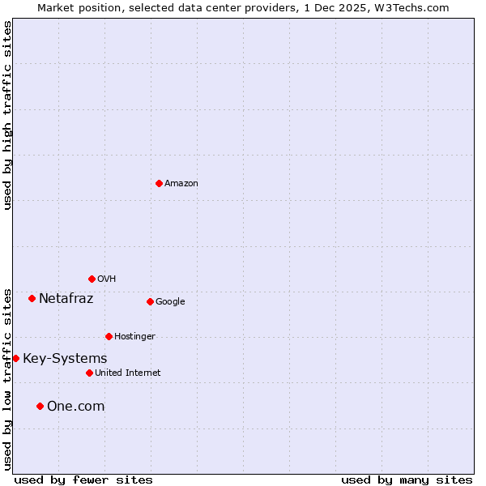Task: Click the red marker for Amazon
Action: click(159, 183)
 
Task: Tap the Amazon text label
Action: click(181, 184)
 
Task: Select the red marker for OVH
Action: click(92, 279)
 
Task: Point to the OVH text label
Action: click(107, 279)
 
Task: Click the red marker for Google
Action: click(150, 301)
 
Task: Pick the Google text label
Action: click(170, 302)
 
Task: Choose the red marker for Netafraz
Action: click(32, 298)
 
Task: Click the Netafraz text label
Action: click(66, 299)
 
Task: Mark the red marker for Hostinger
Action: click(109, 336)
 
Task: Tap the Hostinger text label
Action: click(134, 337)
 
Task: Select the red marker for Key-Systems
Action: click(15, 358)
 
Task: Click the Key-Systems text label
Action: click(65, 359)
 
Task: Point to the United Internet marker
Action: click(89, 373)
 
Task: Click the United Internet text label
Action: click(127, 373)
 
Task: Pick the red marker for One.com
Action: click(40, 406)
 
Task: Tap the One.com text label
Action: click(75, 407)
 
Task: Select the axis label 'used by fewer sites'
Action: click(83, 480)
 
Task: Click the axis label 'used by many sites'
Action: click(407, 480)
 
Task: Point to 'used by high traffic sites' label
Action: click(7, 115)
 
